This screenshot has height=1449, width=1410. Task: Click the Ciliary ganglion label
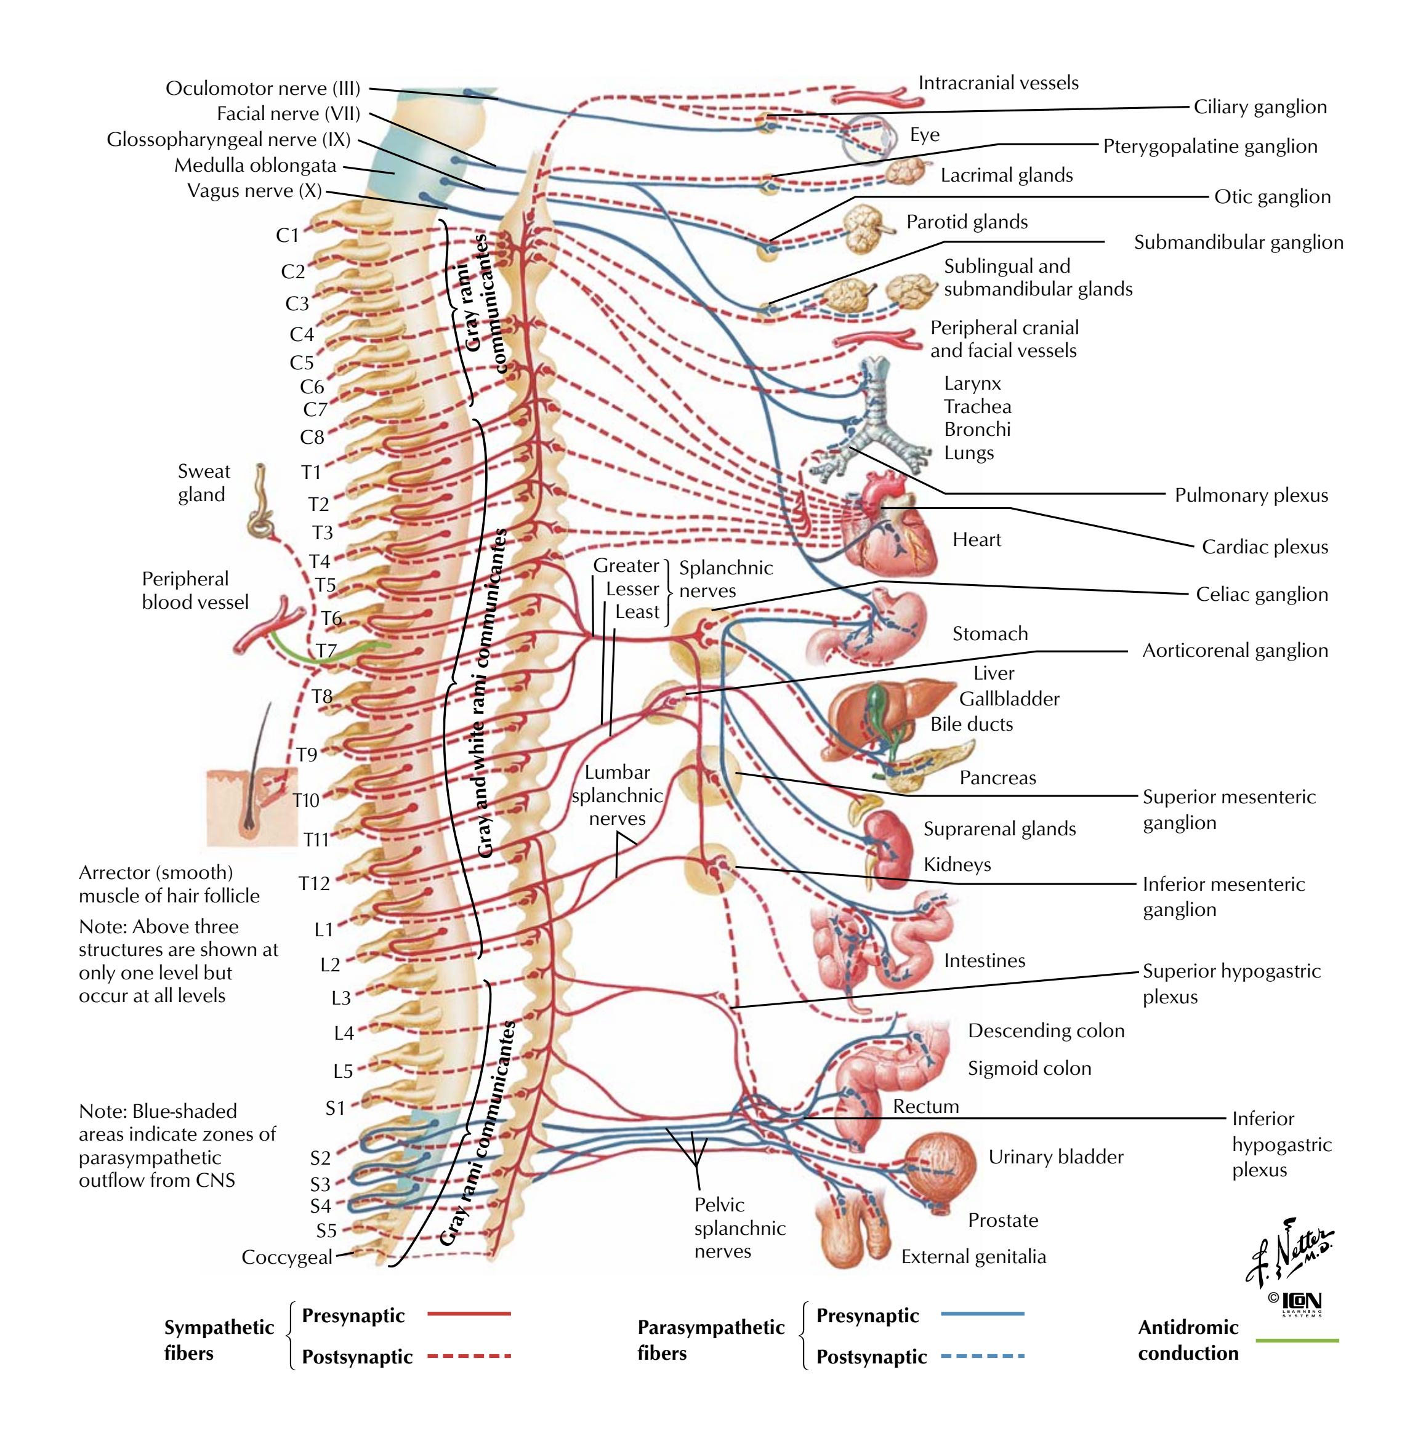click(x=1260, y=106)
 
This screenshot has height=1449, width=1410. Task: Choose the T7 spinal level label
click(x=326, y=651)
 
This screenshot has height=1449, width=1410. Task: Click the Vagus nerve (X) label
click(x=254, y=191)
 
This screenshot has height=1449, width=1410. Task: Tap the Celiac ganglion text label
click(x=1261, y=595)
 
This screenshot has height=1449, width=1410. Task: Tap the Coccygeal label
click(x=286, y=1257)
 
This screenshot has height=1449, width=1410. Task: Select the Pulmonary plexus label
click(x=1251, y=496)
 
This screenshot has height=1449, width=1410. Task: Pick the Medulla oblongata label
click(x=255, y=165)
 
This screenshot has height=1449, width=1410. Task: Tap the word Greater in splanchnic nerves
click(x=626, y=566)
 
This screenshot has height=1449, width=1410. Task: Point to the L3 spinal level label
click(x=340, y=998)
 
